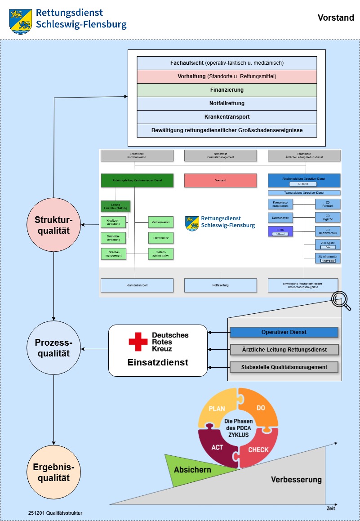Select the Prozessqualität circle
[53, 348]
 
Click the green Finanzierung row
[227, 90]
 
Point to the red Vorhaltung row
[227, 76]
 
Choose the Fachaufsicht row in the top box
[227, 63]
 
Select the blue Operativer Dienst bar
[284, 332]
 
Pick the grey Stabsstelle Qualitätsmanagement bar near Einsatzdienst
[284, 367]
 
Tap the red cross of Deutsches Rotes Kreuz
[138, 342]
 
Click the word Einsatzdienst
[158, 362]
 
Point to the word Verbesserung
[296, 480]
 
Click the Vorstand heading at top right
[336, 18]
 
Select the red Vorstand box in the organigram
[220, 180]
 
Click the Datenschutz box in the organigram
[160, 238]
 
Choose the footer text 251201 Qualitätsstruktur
[55, 512]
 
